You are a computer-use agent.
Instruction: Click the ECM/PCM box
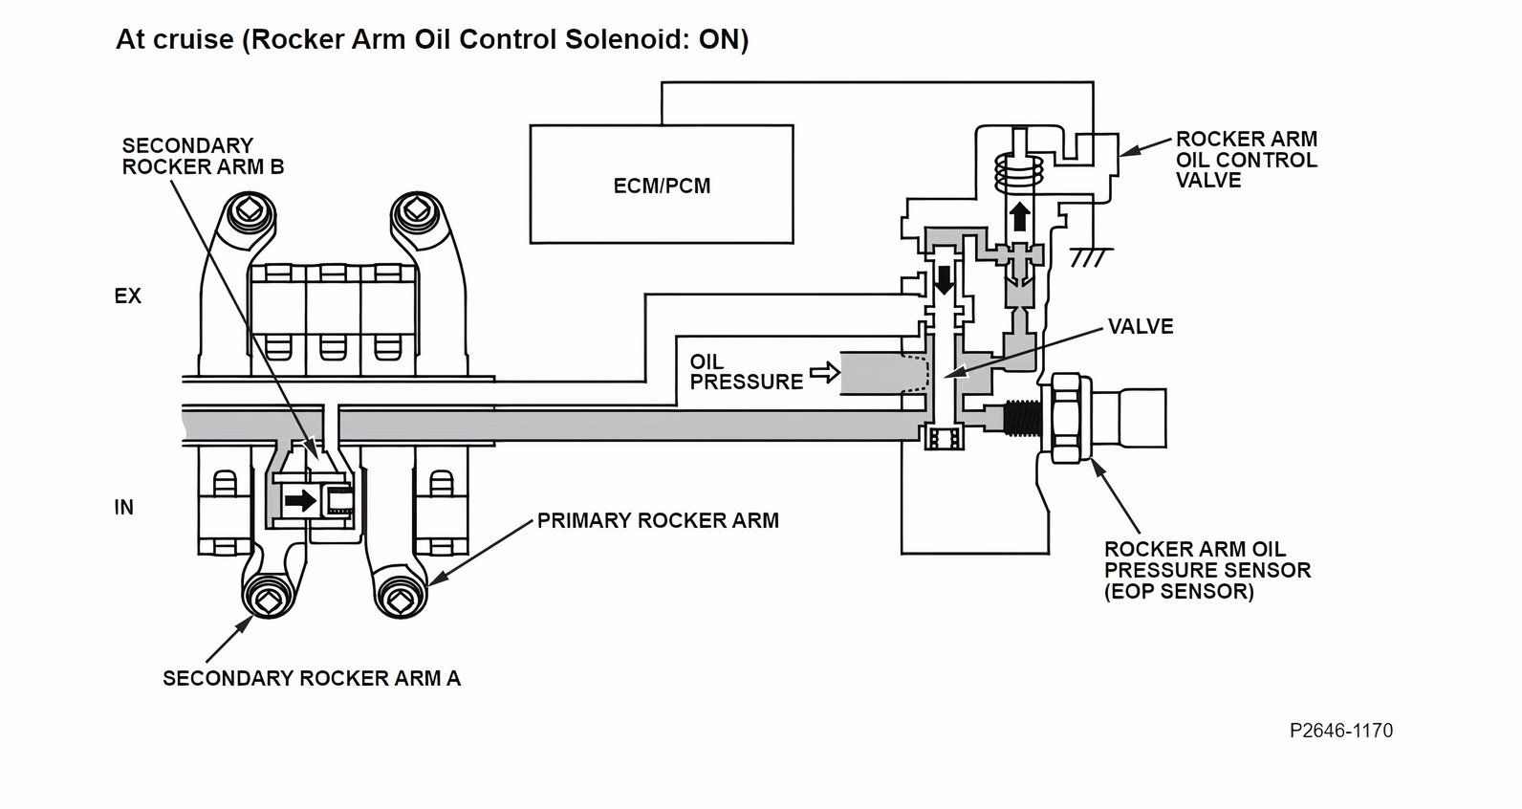[662, 184]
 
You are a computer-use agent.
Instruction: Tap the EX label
[127, 296]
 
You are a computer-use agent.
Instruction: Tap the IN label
[123, 508]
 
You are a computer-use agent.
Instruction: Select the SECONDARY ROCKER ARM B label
[203, 156]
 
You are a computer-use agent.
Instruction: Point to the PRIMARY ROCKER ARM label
[658, 521]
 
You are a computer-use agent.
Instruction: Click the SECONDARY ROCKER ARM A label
[312, 678]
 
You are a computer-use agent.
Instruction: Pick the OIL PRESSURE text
[746, 372]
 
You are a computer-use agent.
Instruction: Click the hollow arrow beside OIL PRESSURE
[824, 373]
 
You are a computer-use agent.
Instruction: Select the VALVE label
[1141, 327]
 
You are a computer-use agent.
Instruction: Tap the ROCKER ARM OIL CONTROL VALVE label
[1246, 160]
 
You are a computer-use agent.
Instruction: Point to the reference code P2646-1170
[1340, 731]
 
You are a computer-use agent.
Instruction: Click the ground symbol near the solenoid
[1090, 257]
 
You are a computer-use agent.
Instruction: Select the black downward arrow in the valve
[946, 279]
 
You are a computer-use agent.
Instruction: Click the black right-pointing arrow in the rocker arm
[301, 500]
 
